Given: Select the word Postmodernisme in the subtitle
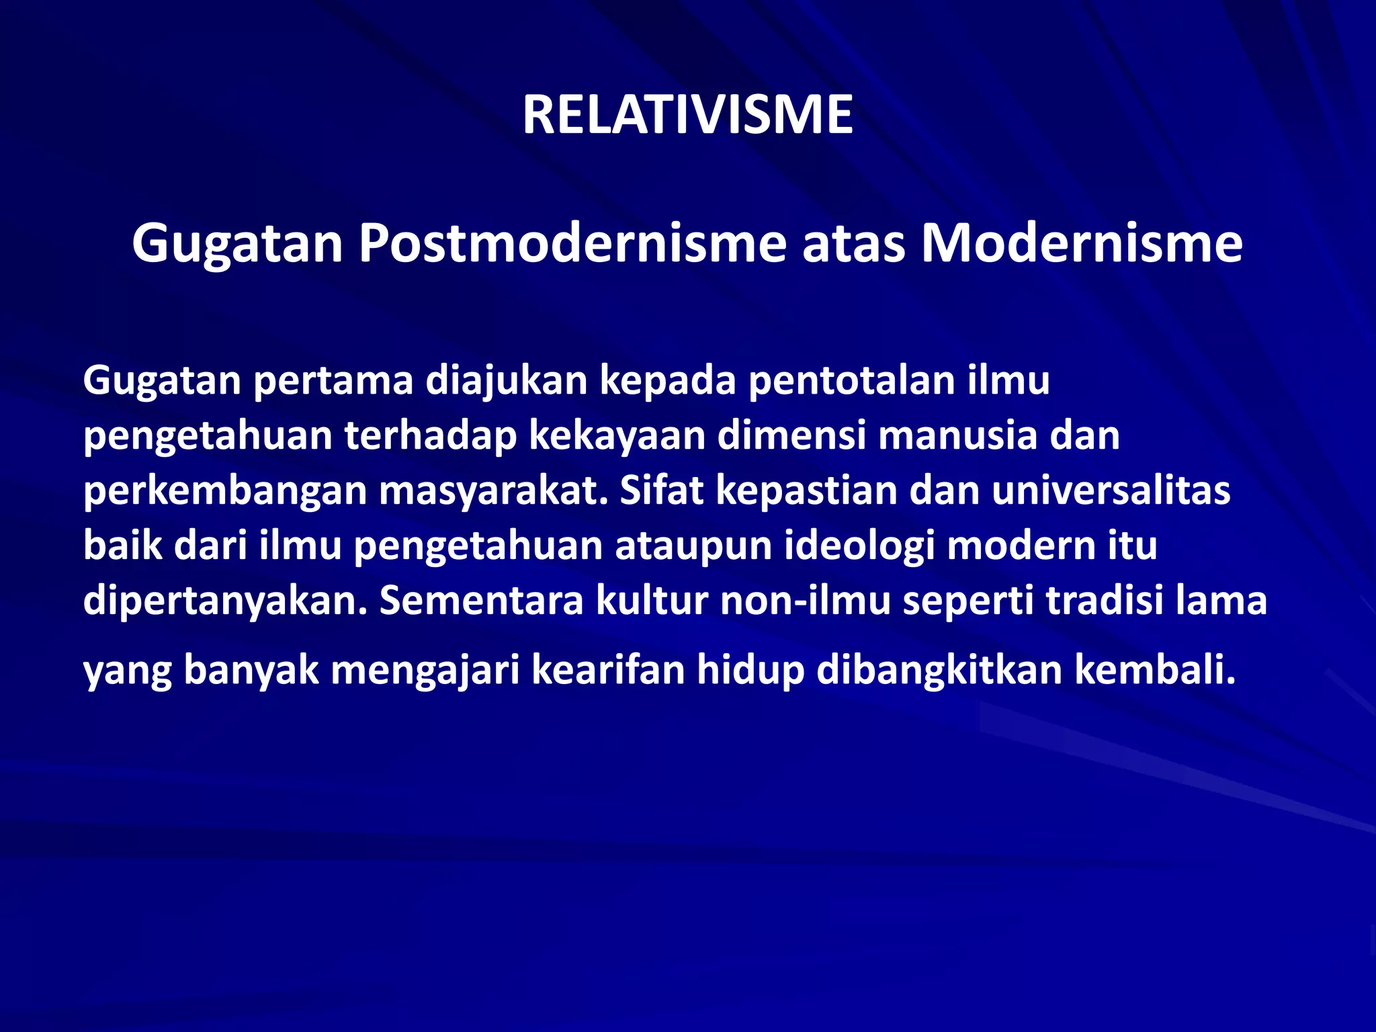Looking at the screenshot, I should coord(572,243).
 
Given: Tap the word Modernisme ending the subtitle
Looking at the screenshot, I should coord(1081,243).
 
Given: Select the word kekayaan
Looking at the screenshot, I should coord(617,436).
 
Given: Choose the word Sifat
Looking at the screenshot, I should coord(661,491).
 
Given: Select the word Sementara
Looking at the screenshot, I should coord(481,601).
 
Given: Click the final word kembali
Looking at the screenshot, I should coord(1155,671).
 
